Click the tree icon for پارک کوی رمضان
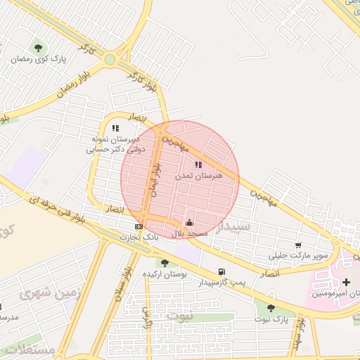pyautogui.click(x=38, y=48)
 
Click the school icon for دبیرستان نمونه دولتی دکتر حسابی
pyautogui.click(x=116, y=128)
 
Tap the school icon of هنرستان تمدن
pyautogui.click(x=198, y=164)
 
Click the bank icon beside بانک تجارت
pyautogui.click(x=139, y=226)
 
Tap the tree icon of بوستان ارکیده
pyautogui.click(x=165, y=263)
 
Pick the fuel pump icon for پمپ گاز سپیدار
pyautogui.click(x=222, y=272)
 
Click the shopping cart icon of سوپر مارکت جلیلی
pyautogui.click(x=298, y=245)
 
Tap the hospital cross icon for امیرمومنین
pyautogui.click(x=345, y=282)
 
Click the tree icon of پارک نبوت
pyautogui.click(x=271, y=307)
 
